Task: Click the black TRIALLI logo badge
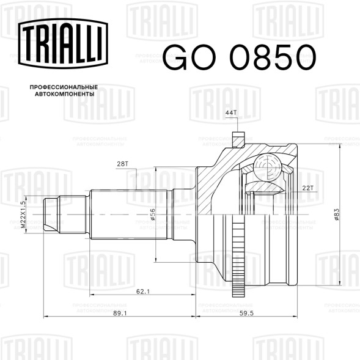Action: [x=63, y=43]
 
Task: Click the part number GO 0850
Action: [x=240, y=57]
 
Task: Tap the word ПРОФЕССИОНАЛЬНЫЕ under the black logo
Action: [x=64, y=87]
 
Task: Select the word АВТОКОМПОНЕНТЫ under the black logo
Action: [x=65, y=94]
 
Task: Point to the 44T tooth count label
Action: [x=231, y=112]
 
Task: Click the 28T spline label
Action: [x=123, y=164]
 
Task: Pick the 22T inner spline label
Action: [x=307, y=188]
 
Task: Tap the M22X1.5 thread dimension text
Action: [x=23, y=215]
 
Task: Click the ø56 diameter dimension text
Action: [x=152, y=214]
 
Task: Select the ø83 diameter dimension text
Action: [x=337, y=215]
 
